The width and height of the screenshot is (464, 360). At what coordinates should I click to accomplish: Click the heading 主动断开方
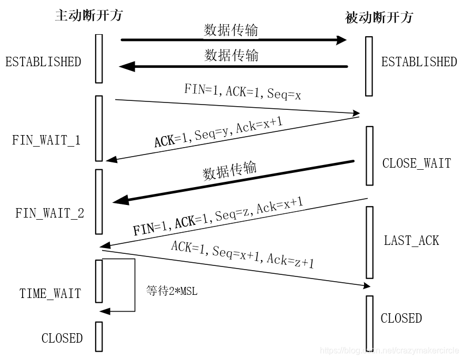[x=88, y=15]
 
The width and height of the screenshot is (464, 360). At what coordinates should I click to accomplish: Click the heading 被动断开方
[x=379, y=17]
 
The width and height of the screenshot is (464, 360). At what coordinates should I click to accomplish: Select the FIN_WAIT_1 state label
[x=46, y=141]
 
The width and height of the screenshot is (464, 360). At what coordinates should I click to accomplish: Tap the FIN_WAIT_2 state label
[x=49, y=213]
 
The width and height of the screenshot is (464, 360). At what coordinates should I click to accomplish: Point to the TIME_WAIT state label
[x=51, y=293]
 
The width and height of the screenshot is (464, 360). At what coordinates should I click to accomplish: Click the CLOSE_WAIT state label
[x=416, y=163]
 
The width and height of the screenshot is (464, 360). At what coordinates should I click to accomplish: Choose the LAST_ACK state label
[x=411, y=241]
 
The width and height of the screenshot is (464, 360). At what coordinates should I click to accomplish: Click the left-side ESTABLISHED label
[x=43, y=62]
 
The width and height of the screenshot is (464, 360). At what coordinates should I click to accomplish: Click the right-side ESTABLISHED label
[x=419, y=62]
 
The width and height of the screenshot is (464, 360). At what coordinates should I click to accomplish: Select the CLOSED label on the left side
[x=62, y=338]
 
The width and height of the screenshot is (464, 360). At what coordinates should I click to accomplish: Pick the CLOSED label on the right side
[x=401, y=318]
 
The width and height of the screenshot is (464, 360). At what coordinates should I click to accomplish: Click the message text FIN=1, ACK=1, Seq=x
[x=241, y=91]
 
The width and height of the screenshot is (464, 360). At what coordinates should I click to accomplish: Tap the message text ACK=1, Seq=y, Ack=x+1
[x=219, y=133]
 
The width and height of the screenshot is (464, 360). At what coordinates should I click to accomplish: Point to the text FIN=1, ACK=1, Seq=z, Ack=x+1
[x=218, y=216]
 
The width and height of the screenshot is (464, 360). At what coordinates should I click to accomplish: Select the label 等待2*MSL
[x=172, y=291]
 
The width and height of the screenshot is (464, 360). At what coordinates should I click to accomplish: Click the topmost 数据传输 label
[x=231, y=30]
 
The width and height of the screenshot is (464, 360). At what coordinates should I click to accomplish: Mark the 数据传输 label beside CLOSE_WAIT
[x=230, y=171]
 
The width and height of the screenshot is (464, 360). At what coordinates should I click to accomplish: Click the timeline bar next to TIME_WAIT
[x=99, y=281]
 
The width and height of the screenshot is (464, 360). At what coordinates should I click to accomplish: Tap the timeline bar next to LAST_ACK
[x=369, y=242]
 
